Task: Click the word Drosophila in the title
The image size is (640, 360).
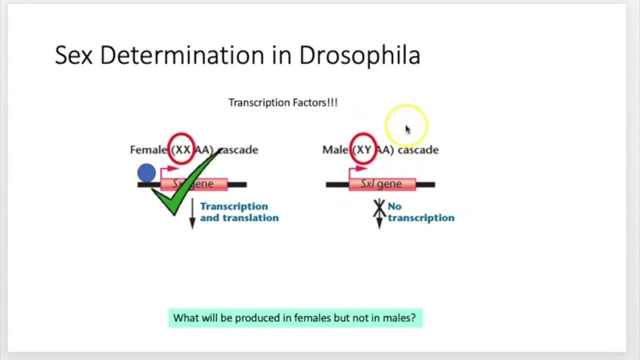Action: coord(359,55)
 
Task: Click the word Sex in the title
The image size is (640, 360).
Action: coord(73,55)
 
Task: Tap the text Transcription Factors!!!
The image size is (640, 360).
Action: coord(283,102)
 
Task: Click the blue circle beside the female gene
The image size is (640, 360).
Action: coord(146,173)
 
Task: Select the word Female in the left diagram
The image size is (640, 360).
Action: coord(148,150)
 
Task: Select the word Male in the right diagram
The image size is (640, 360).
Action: coord(335,150)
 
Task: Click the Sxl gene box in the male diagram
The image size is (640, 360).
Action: coord(382,184)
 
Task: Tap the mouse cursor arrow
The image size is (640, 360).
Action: coord(407,129)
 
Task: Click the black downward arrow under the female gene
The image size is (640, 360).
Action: coord(192,215)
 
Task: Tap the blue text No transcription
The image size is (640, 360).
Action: coord(420,212)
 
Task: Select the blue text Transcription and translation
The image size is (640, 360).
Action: coord(239,212)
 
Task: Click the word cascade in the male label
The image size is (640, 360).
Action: coord(418,150)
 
